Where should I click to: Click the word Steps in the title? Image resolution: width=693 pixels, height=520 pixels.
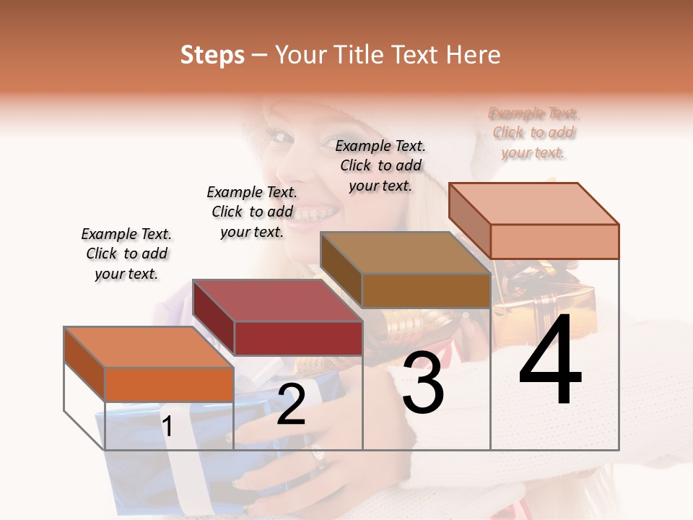212,55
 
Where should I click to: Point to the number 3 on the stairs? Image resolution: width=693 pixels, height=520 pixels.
423,383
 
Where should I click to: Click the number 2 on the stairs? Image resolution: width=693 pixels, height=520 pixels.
291,404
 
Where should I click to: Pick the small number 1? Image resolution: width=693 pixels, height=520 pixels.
167,427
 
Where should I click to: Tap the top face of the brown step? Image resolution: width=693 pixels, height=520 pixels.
405,253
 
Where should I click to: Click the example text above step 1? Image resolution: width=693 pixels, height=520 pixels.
126,253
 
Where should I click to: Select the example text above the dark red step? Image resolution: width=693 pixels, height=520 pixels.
252,212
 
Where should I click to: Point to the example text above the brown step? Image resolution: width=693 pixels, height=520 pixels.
380,165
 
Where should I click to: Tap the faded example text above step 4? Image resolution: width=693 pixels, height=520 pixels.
533,133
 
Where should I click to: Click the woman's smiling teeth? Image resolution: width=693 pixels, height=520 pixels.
318,214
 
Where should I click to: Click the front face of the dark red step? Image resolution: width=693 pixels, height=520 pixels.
298,338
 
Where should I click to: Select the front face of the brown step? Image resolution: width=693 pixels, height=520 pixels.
426,290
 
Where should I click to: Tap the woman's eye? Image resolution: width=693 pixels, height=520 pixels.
277,134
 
